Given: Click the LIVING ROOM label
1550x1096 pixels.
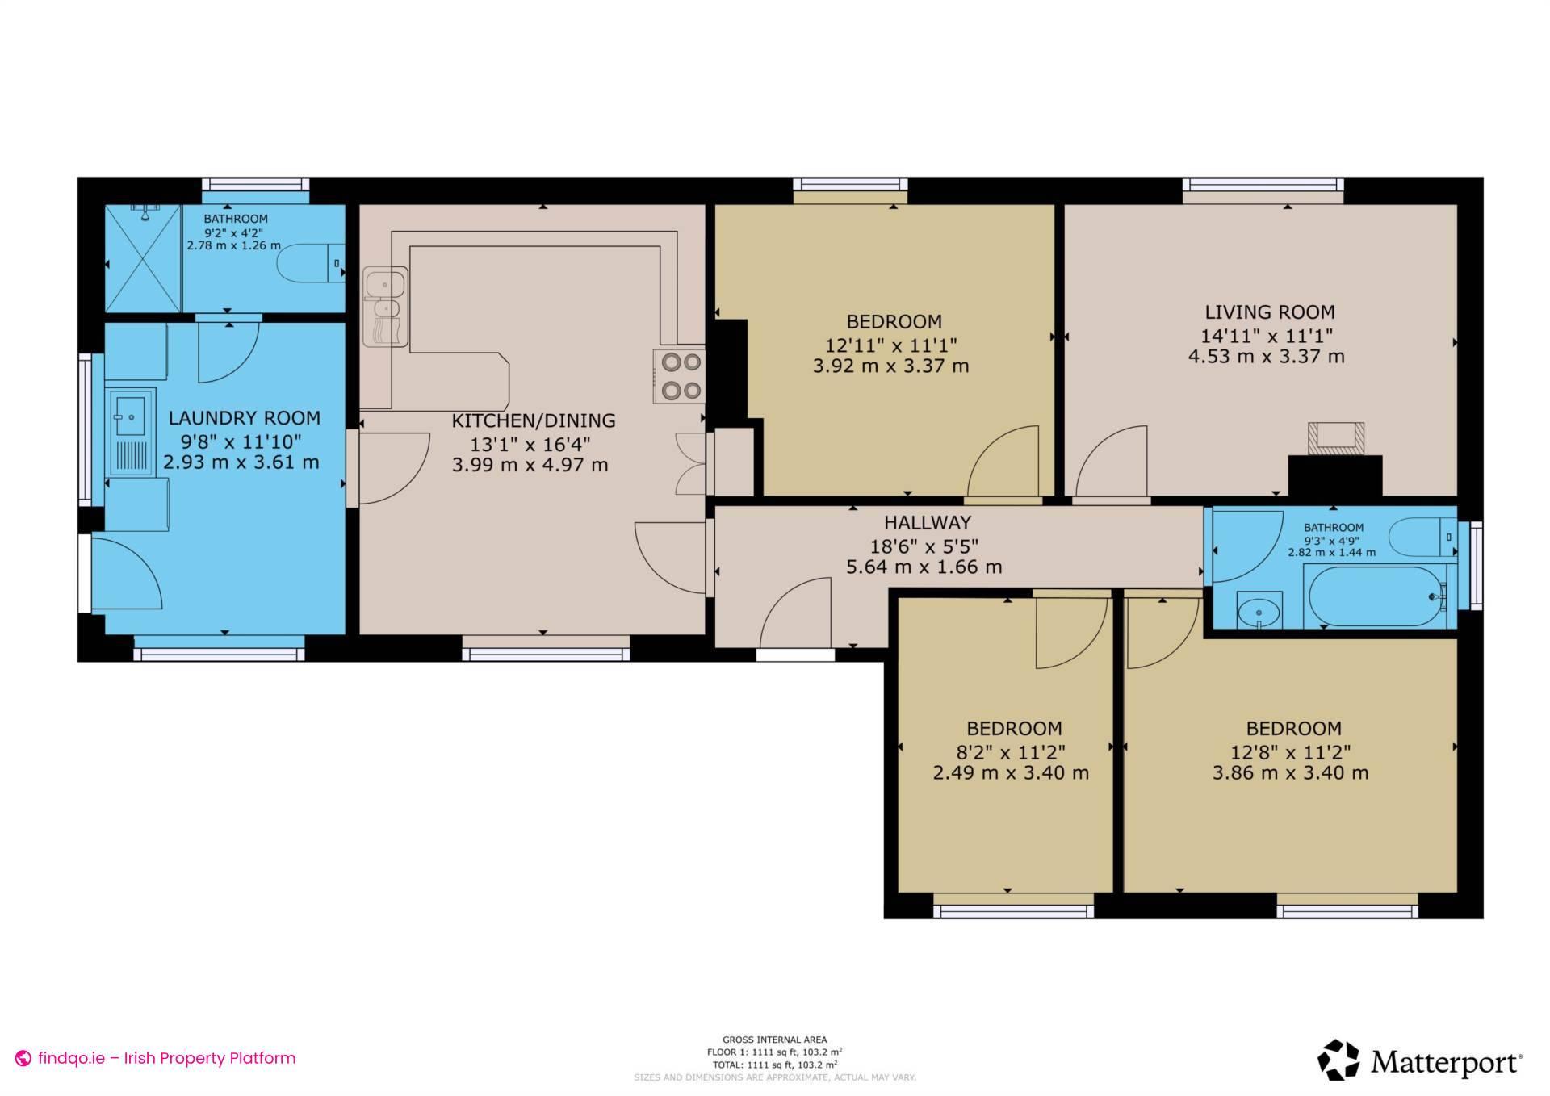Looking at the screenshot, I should coord(1269,312).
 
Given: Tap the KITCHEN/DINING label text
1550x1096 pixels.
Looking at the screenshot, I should coord(533,420).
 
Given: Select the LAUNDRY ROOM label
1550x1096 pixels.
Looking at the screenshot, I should coord(244,418).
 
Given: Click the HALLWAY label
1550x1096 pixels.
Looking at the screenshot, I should coord(927,522).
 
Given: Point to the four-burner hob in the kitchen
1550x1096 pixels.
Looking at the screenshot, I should coord(680,376).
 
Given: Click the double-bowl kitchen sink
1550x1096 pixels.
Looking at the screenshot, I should coord(385,306).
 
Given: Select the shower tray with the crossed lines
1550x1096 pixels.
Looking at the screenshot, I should coord(143,258).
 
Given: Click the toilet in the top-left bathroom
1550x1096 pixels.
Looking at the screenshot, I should coord(308,263).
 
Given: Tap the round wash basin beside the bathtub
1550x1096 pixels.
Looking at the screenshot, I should coord(1258,612).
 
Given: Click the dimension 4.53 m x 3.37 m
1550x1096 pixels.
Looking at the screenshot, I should coord(1266,356).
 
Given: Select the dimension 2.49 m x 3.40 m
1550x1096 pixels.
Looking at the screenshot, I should coord(1011,773).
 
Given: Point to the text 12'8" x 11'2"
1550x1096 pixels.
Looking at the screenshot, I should coord(1290,752).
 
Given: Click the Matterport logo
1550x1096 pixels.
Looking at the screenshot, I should coord(1420,1060).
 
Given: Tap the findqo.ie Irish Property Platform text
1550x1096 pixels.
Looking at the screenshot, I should coord(166,1058).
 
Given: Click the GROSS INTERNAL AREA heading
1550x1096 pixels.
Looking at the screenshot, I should coord(774,1040).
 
